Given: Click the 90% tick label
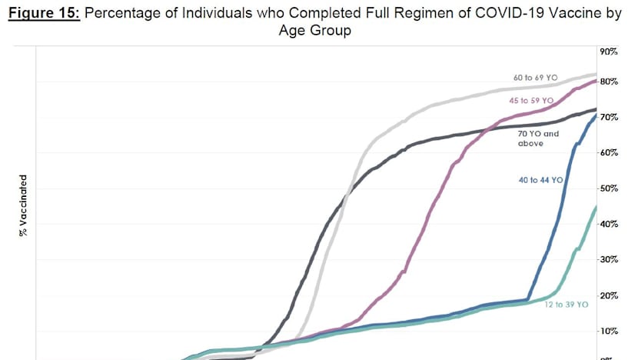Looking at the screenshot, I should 610,52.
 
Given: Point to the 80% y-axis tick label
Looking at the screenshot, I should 610,82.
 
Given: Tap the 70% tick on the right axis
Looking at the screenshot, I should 610,117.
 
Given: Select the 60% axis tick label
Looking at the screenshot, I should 610,152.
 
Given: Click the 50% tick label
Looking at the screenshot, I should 610,188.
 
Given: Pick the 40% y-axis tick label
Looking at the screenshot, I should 610,224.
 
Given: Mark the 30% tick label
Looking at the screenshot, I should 610,260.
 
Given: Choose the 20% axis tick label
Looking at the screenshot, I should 610,295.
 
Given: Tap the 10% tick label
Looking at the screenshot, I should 610,331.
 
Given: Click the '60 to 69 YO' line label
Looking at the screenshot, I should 535,78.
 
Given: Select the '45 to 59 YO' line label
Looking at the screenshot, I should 531,100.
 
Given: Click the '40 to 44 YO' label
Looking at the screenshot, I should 540,179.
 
